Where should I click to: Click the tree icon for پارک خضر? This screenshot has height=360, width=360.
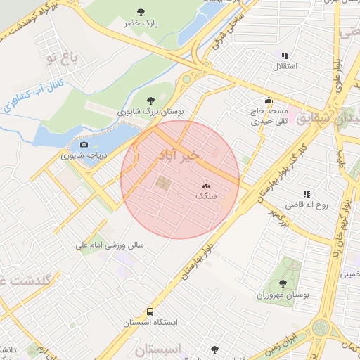141,12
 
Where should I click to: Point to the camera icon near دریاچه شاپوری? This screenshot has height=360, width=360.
84,145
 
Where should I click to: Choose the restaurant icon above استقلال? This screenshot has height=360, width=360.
284,56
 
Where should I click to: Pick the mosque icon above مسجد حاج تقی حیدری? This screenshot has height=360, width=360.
269,101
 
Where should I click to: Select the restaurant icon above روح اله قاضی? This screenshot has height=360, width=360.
307,194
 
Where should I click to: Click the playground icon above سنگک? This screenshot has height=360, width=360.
206,186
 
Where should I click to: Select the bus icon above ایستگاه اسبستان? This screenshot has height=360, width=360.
150,312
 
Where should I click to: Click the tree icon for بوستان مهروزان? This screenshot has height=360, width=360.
283,283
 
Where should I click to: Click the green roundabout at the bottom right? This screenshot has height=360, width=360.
321,327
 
